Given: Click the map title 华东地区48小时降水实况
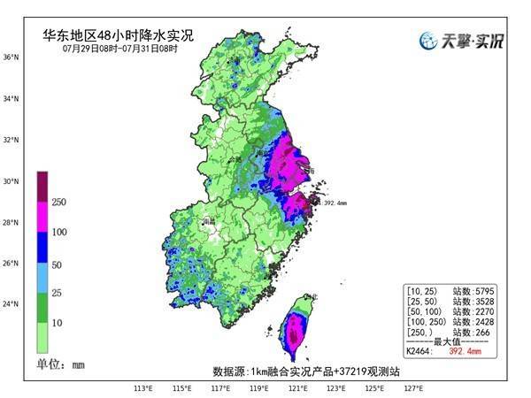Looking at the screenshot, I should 119,36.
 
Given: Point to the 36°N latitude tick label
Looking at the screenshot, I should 11,57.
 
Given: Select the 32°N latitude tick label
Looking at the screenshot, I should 11,140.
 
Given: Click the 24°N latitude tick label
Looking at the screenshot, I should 11,304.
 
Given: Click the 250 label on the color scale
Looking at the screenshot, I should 60,203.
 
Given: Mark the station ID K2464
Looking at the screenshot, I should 418,351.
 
